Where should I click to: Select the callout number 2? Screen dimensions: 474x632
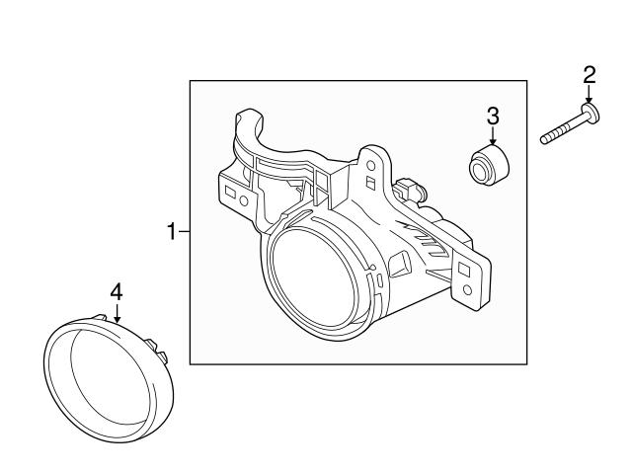pos(590,73)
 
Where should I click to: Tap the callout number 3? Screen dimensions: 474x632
pos(493,117)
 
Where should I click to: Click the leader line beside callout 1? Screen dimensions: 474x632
pos(184,233)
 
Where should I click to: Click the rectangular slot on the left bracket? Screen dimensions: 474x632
pos(230,187)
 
